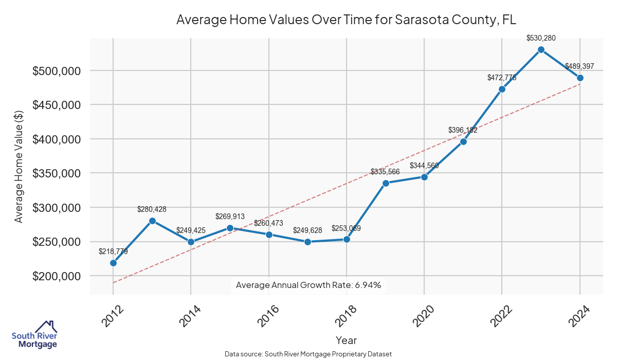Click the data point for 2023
coord(541,49)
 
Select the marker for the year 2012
coord(113,263)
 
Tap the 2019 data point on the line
coord(386,183)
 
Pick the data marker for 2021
coord(463,141)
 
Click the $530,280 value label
coord(541,38)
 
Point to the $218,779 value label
coord(113,251)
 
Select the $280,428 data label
coord(152,209)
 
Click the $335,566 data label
coord(385,172)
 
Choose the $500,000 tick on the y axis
coord(57,71)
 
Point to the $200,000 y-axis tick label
coord(57,276)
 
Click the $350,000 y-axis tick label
coord(57,173)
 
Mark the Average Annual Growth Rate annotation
coord(308,285)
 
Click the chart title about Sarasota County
coord(346,20)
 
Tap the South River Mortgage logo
coord(34,335)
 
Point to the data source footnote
coord(308,354)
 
